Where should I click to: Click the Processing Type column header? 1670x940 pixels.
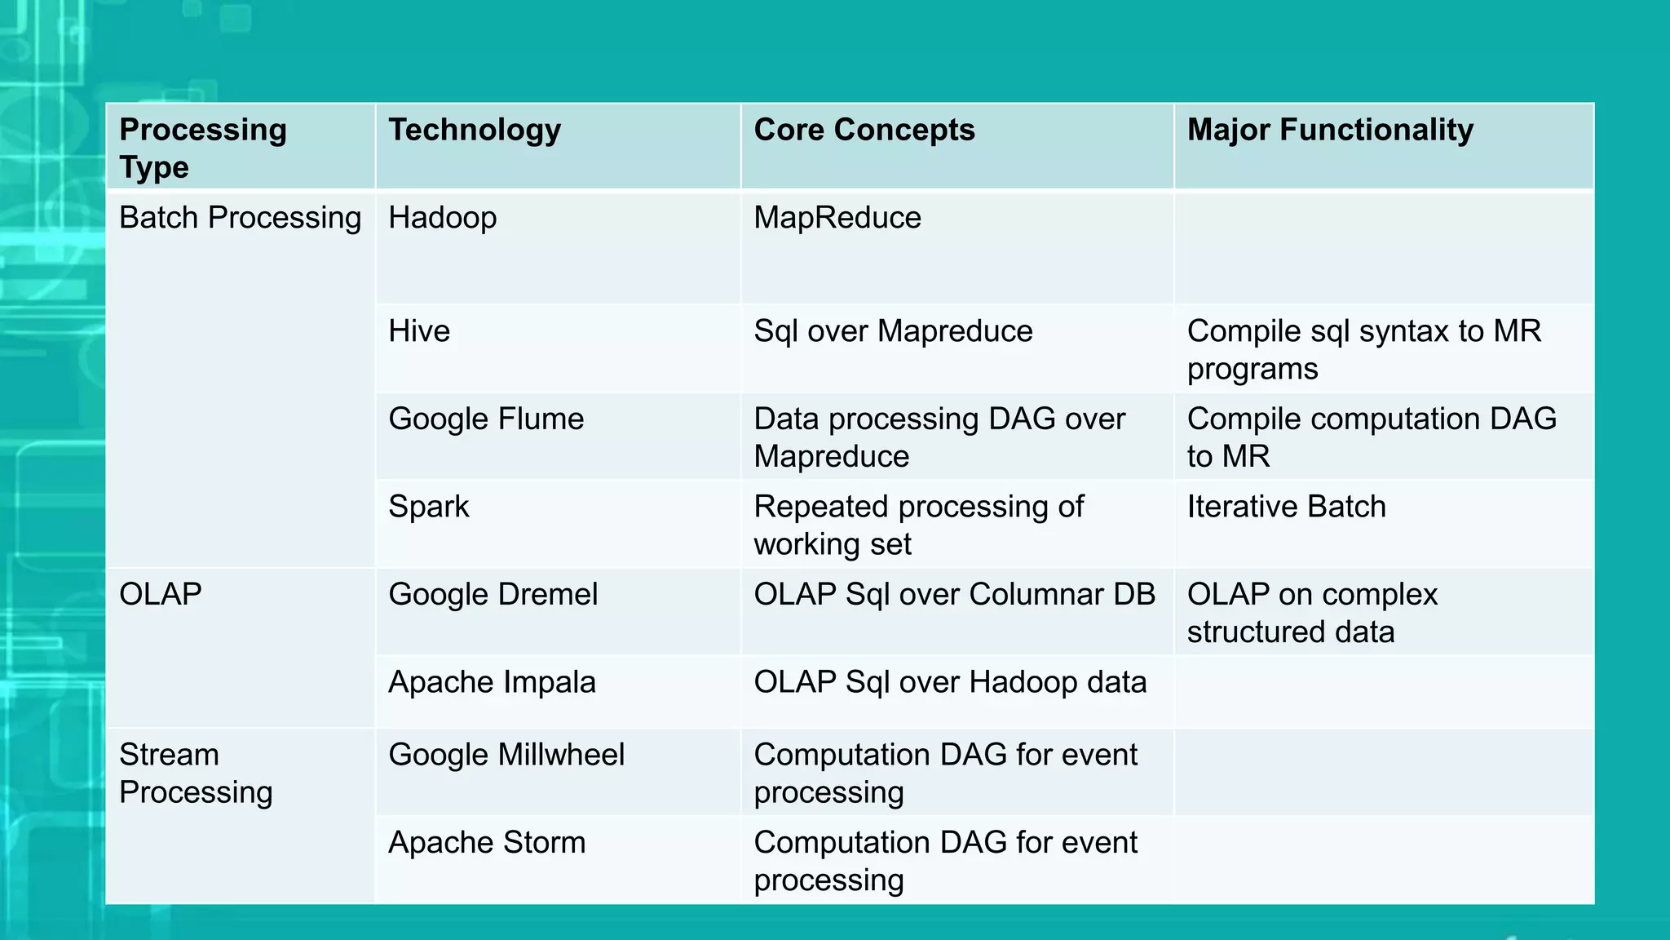click(x=203, y=148)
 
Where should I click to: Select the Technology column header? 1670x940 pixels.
click(x=475, y=130)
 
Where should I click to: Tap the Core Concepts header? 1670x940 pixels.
click(x=864, y=130)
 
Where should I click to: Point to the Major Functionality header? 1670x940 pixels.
click(x=1330, y=130)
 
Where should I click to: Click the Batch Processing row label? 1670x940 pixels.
click(x=240, y=218)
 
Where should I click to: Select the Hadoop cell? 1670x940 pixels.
click(x=443, y=218)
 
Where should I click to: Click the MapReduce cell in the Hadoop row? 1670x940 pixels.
click(x=837, y=218)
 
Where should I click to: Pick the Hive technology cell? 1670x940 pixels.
click(x=419, y=331)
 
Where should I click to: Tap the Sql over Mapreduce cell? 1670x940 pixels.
click(x=893, y=331)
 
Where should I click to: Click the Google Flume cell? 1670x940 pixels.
click(x=486, y=419)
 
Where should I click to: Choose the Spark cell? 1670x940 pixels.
click(x=429, y=507)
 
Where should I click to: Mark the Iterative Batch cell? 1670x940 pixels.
click(x=1286, y=507)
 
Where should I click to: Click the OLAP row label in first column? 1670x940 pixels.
click(x=161, y=594)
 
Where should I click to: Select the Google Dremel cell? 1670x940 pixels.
click(x=493, y=594)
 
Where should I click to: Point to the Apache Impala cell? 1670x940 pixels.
click(x=492, y=682)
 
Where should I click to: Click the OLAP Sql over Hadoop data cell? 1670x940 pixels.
click(x=950, y=682)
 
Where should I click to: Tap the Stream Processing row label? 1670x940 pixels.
click(x=196, y=773)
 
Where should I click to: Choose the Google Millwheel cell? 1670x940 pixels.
click(x=506, y=755)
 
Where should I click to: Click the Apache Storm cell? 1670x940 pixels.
click(x=487, y=842)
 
